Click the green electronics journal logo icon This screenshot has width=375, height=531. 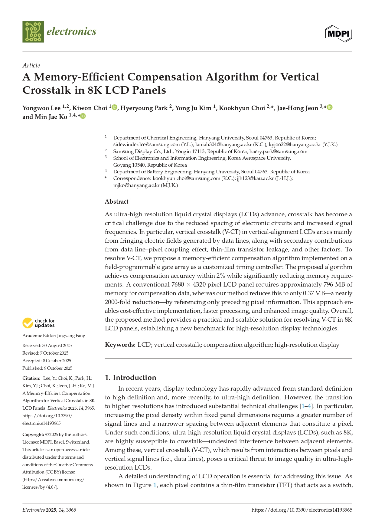click(33, 32)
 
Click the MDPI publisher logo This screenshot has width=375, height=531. click(338, 34)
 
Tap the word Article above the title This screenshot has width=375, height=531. click(31, 65)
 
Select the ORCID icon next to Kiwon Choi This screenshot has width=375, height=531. click(114, 107)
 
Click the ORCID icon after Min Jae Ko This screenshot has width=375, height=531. click(83, 116)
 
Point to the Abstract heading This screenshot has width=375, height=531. click(116, 202)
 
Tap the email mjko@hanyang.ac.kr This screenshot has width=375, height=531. click(136, 185)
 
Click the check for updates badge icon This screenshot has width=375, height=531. click(28, 323)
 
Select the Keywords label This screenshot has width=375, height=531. click(120, 345)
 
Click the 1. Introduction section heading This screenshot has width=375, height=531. click(130, 378)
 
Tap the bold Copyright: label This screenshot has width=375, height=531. click(33, 434)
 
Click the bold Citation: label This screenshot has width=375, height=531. click(31, 378)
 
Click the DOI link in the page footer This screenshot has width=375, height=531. click(302, 510)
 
